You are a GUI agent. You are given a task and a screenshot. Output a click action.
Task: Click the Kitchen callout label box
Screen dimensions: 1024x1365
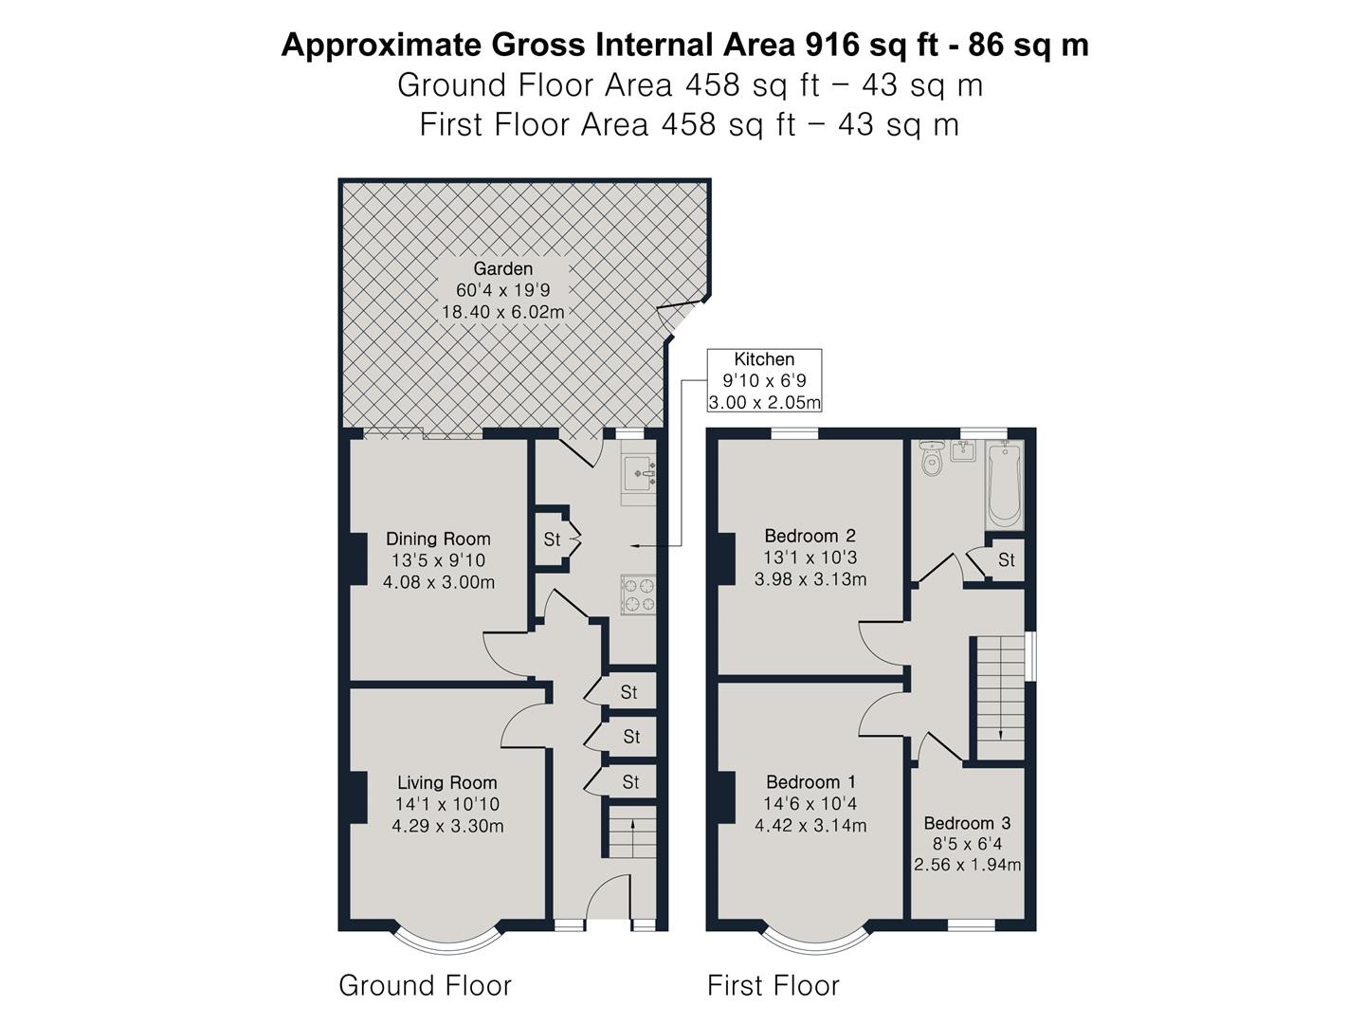[x=764, y=380]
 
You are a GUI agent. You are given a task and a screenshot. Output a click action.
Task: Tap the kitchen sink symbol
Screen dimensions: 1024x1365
[x=639, y=473]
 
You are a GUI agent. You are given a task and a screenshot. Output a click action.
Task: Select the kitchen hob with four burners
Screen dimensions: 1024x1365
[x=638, y=594]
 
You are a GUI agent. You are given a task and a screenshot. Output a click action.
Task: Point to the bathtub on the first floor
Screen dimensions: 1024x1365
[x=1004, y=484]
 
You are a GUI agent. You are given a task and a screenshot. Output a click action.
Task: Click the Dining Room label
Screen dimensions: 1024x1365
[x=438, y=539]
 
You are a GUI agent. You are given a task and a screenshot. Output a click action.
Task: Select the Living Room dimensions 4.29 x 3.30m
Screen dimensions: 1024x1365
[x=447, y=826]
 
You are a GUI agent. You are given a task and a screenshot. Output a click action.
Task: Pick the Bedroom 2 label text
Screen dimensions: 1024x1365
[x=810, y=536]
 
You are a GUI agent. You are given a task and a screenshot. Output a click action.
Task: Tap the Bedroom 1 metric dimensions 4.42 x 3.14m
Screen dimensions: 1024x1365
[x=810, y=825]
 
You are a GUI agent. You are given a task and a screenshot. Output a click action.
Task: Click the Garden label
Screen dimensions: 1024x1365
[x=502, y=268]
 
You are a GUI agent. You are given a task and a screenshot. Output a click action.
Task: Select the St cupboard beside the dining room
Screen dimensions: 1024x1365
[x=552, y=539]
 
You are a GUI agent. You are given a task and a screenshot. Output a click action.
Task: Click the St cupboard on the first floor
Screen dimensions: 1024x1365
[x=1006, y=559]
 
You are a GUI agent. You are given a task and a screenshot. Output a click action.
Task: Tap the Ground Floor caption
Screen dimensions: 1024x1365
[x=425, y=985]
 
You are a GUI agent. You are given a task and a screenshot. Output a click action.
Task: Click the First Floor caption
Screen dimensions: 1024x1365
[x=773, y=985]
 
